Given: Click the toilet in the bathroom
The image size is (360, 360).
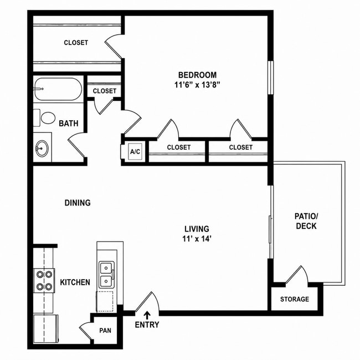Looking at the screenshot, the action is coord(45,117).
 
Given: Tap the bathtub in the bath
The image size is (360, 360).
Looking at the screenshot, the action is coord(58,89).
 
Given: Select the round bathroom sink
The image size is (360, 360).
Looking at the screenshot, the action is coord(42,148).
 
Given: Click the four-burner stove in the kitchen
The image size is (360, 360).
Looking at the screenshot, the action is coord(44,280).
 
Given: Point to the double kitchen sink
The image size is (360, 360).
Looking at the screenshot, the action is coord(106,275).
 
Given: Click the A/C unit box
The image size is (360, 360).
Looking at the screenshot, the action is coord(135,152).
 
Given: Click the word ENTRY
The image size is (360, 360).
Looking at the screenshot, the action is coord(147,325).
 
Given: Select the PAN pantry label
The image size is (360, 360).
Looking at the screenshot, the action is coord(105,331).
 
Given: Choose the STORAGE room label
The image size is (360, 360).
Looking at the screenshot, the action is coord(295,299).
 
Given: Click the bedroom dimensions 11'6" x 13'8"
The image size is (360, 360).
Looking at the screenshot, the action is coord(197,85).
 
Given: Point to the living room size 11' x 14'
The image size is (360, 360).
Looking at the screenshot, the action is coord(197,239).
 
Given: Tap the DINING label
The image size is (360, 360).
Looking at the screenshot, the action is coord(78,203).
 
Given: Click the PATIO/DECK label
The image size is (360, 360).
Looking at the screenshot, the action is coord(306,221).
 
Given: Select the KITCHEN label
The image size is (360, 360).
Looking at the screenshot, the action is coord(75,282).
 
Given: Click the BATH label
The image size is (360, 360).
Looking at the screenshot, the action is coord(69,124).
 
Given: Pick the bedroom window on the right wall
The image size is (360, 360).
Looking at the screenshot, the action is coord(271,78).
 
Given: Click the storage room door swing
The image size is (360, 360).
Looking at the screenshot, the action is coord(297,274).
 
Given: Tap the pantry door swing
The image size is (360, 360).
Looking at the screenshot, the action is coord(87,330).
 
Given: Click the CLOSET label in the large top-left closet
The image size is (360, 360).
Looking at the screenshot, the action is coord(76,43).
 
